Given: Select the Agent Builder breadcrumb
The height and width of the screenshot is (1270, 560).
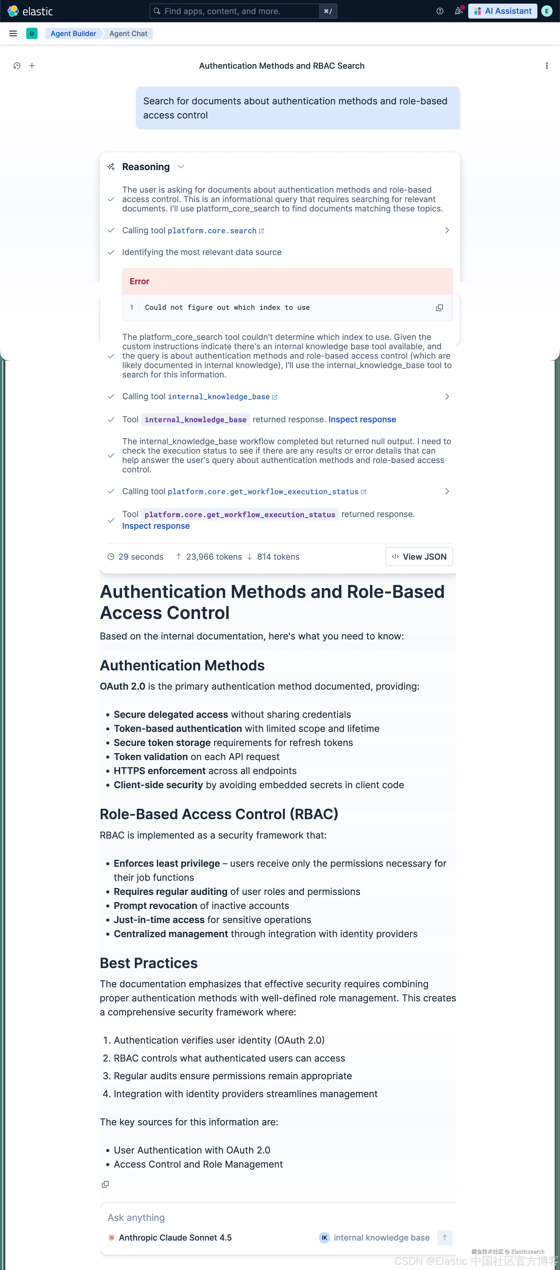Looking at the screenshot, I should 73,33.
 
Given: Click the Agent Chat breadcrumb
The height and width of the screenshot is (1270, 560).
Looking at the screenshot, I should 128,33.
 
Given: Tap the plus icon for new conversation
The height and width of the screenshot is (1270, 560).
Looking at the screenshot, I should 32,66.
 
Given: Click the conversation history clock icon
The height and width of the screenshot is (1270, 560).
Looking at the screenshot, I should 17,66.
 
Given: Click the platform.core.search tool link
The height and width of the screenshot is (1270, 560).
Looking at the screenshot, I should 212,231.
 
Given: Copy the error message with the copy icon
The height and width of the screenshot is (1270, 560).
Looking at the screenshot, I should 439,308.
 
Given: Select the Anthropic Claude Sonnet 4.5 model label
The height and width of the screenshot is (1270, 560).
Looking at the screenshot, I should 175,1238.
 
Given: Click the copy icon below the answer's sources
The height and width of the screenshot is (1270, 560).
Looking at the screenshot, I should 105,1184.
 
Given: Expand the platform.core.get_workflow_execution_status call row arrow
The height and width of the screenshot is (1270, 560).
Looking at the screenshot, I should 447,492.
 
